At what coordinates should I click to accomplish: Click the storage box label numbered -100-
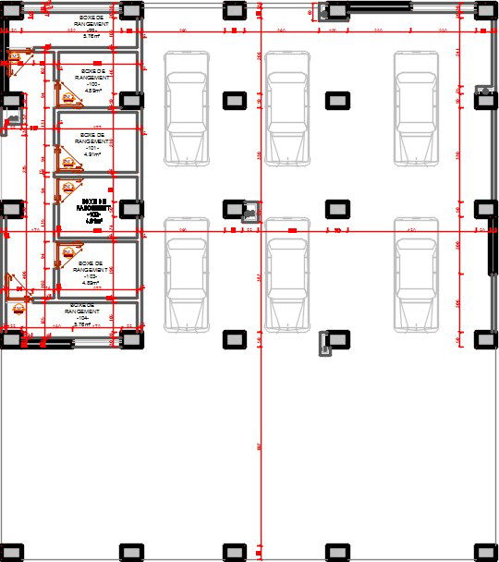(92, 79)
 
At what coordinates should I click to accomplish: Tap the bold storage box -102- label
(93, 211)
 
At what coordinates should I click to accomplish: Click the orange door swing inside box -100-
(67, 94)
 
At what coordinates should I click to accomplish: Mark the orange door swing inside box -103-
(67, 253)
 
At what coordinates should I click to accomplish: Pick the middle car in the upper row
(288, 108)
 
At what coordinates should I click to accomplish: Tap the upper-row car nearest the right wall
(417, 108)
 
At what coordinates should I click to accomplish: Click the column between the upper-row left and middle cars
(235, 99)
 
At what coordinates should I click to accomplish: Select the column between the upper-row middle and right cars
(337, 99)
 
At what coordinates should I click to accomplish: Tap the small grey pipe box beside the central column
(249, 212)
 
